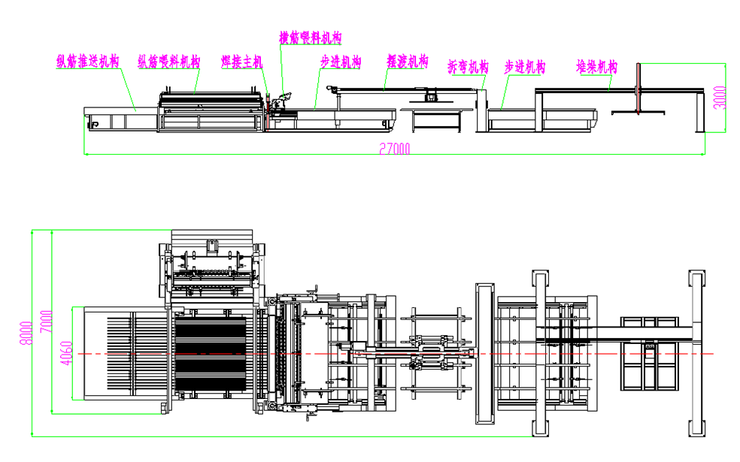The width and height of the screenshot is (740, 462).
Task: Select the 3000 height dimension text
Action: point(720,97)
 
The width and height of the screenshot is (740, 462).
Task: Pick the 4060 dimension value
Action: point(65,352)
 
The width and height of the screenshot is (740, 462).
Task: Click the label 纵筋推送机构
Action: point(88,62)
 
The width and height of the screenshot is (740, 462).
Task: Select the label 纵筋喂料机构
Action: point(168,62)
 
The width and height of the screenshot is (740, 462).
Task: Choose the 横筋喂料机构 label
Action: point(311,38)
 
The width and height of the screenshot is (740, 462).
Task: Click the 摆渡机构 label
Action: point(407,61)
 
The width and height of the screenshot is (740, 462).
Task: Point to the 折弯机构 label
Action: point(468,67)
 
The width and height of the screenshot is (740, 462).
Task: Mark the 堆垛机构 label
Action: point(596,66)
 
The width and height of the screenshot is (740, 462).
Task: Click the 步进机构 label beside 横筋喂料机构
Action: point(341,62)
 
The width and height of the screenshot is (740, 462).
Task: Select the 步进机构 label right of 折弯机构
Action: point(524,67)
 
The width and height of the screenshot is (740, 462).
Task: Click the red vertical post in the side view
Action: point(638,89)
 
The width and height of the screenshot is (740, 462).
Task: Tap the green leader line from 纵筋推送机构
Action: point(127,90)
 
